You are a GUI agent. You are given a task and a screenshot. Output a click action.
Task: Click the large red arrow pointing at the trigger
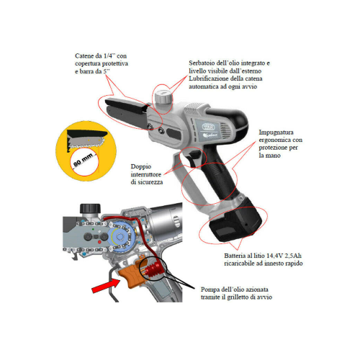click(106, 286)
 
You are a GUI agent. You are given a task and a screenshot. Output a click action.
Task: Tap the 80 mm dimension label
click(83, 160)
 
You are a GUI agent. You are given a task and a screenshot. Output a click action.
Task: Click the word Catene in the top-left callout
click(84, 56)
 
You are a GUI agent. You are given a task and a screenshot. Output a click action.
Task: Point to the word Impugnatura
click(276, 132)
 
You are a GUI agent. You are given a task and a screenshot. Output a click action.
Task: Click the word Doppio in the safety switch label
click(141, 167)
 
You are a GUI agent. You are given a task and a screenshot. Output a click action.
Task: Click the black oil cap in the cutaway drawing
click(90, 208)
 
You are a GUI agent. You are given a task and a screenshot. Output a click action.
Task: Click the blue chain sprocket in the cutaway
click(120, 237)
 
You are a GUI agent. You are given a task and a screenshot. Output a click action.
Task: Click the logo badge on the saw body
click(209, 127)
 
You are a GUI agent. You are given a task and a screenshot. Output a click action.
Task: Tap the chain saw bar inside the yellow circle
click(86, 142)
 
